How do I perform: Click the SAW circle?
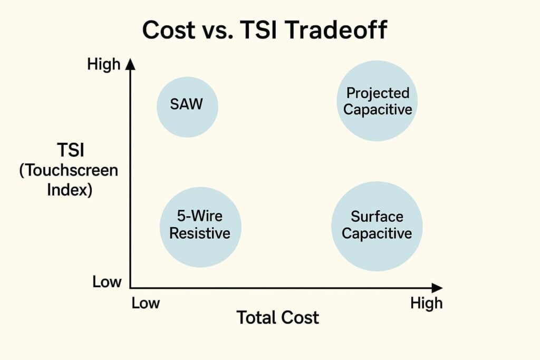click(x=187, y=105)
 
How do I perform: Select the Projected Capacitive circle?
click(x=377, y=101)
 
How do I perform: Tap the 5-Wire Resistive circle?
click(x=200, y=225)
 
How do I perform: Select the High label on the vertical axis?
click(x=104, y=64)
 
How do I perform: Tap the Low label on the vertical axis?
click(x=107, y=281)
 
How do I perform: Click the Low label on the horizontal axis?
click(x=146, y=303)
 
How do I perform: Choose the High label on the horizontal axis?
click(x=426, y=303)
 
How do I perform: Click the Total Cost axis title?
click(x=277, y=318)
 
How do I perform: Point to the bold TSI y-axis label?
click(x=71, y=150)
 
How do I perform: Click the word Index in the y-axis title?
click(x=70, y=190)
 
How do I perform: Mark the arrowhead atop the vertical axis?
click(x=131, y=64)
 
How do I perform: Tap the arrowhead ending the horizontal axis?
click(x=437, y=288)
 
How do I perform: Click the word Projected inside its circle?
click(x=378, y=93)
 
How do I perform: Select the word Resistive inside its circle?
click(x=200, y=232)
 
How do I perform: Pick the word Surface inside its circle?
click(x=377, y=217)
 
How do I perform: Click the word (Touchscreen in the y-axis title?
click(x=69, y=171)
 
